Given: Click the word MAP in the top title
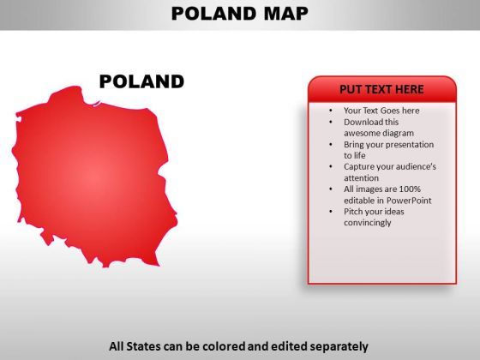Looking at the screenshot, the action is [286, 14].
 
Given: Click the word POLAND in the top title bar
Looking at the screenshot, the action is [214, 14].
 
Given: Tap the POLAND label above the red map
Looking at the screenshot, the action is [141, 81].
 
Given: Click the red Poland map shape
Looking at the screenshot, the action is [94, 177].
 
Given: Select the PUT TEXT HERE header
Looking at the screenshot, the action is [381, 89].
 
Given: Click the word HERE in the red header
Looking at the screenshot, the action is [410, 89].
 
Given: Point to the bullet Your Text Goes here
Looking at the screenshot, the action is [381, 111].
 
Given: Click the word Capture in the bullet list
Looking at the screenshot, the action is [359, 167].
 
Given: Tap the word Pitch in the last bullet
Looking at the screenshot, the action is [353, 212].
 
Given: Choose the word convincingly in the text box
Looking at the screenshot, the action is [368, 223].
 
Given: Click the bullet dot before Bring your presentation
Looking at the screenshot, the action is [331, 145].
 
